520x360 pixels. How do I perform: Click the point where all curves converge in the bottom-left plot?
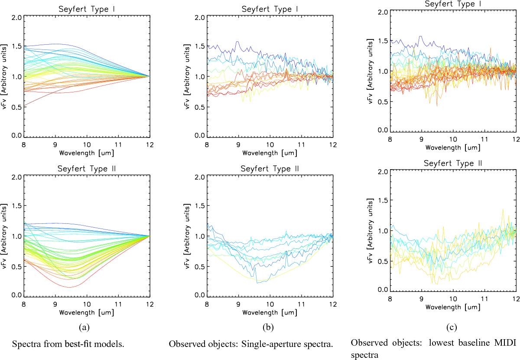coord(149,236)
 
